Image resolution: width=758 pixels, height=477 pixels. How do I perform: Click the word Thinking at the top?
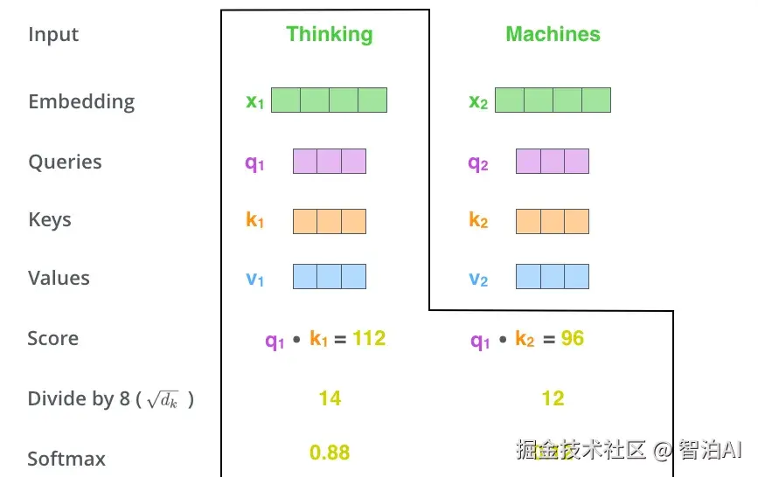point(330,34)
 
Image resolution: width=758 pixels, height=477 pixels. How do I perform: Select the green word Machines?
point(553,34)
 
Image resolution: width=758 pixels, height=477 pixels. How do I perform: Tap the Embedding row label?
point(81,101)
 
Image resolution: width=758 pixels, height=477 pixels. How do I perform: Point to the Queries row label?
point(65,162)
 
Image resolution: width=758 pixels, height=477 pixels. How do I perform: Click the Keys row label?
point(50,219)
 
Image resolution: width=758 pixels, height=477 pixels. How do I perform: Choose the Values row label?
point(59,278)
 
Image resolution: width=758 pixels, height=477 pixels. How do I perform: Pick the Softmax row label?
point(66,459)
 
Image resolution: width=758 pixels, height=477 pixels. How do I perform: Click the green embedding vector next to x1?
point(329,100)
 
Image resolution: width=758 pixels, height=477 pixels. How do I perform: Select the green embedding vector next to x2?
point(553,100)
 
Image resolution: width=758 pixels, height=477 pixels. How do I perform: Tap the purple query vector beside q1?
point(329,161)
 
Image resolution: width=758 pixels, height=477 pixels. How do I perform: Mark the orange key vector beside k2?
point(553,220)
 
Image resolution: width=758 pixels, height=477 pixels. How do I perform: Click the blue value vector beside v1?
point(329,277)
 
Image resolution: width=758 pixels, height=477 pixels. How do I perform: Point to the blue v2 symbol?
point(478,279)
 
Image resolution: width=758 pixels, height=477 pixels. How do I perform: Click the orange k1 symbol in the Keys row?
point(254,220)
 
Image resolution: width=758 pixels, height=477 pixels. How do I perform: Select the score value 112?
point(369,338)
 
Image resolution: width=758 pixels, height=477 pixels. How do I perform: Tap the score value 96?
point(573,338)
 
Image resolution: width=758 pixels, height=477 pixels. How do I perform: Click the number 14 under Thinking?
point(330,398)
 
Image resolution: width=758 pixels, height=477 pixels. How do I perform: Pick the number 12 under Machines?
point(553,398)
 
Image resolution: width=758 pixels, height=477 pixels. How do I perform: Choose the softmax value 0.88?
point(330,453)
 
